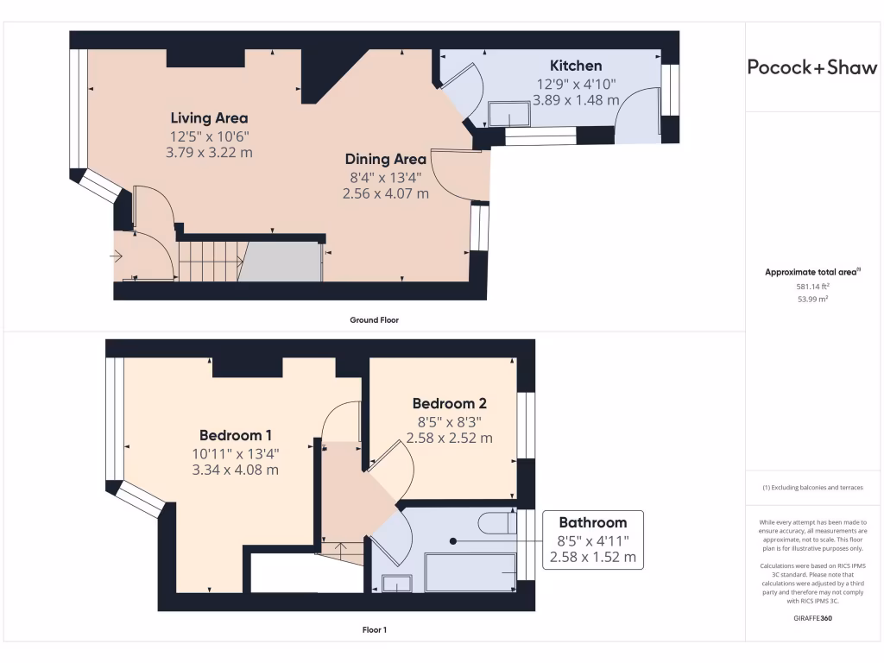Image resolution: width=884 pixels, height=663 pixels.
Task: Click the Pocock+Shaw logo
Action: (811, 67)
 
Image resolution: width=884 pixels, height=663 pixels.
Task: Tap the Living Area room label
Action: (209, 118)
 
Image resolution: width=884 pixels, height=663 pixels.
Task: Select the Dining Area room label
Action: (385, 159)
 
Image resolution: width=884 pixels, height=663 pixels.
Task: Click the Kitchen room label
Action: (576, 66)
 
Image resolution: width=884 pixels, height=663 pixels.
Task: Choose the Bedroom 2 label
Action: (449, 403)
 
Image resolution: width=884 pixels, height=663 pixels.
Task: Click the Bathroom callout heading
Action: (592, 522)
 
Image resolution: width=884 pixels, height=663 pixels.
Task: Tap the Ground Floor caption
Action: (374, 319)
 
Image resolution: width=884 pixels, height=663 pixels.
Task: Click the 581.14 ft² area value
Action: (811, 286)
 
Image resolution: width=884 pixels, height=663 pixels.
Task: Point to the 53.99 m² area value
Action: (811, 300)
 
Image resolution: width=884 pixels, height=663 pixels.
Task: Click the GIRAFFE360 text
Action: (811, 618)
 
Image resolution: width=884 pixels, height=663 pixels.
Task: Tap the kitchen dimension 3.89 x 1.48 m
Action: (576, 100)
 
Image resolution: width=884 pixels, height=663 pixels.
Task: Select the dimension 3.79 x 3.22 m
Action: (209, 153)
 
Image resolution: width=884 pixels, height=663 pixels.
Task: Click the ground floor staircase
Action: (207, 262)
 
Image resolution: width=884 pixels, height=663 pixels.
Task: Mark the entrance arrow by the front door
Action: (117, 256)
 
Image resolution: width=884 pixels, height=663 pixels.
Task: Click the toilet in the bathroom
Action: (496, 524)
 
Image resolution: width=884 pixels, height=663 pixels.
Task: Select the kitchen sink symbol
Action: (509, 113)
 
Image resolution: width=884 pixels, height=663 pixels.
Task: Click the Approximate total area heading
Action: (811, 272)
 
